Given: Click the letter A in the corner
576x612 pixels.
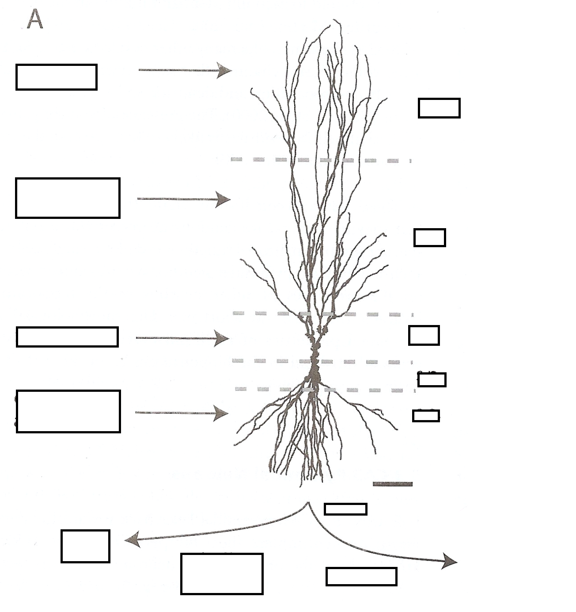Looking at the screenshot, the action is [x=35, y=19].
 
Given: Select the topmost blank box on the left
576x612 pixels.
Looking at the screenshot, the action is [x=57, y=77].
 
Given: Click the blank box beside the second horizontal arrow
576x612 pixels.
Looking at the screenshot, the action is [x=68, y=198].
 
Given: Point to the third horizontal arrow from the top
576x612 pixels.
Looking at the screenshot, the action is [x=181, y=338].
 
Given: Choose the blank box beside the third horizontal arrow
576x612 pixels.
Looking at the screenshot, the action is [x=67, y=337].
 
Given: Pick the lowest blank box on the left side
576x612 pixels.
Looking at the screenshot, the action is [x=68, y=411].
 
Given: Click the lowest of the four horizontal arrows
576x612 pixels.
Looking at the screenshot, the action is [x=181, y=413].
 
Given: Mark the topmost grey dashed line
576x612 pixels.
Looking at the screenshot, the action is [x=320, y=160].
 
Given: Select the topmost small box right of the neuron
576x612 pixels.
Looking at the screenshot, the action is [x=439, y=108].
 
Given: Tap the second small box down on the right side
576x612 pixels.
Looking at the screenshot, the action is [x=429, y=237].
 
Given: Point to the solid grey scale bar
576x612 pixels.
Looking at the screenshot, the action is [x=392, y=484].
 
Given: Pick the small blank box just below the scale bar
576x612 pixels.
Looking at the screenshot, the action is [x=345, y=509].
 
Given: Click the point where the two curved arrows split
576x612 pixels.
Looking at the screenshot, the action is [x=308, y=503].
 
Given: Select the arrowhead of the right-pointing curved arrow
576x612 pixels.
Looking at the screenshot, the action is [x=451, y=562].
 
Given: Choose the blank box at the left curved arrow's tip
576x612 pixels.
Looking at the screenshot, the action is [x=85, y=546].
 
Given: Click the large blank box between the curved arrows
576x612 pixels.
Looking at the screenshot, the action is [x=222, y=574].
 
